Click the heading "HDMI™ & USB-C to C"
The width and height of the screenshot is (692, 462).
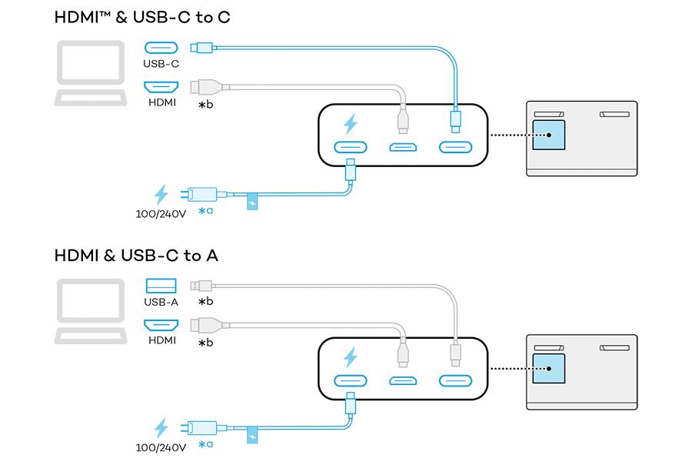click(x=142, y=17)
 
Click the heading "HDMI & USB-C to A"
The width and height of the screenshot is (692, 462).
click(x=136, y=256)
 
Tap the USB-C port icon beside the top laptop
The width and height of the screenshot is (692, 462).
click(x=161, y=48)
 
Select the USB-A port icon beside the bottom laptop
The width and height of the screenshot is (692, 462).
click(x=161, y=286)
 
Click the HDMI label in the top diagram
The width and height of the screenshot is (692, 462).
click(x=162, y=102)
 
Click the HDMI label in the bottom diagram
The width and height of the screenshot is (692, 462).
click(x=162, y=340)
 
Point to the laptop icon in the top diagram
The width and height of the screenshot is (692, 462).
click(x=91, y=73)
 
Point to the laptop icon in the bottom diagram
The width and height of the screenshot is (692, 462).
click(x=91, y=311)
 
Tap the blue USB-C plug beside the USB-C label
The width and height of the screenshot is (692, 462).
click(x=202, y=47)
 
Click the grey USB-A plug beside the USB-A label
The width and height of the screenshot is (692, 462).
click(x=201, y=286)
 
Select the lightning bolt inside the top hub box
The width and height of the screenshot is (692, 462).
click(x=351, y=124)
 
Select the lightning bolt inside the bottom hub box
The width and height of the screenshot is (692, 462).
click(x=351, y=357)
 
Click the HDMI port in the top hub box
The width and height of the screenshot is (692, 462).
click(x=403, y=147)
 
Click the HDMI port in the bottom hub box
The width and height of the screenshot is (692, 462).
click(x=403, y=380)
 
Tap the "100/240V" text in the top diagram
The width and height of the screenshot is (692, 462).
click(x=161, y=214)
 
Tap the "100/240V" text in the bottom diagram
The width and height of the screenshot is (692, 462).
click(x=161, y=448)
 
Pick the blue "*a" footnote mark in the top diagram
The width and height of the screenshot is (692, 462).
click(x=205, y=211)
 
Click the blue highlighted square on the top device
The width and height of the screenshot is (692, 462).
click(x=548, y=135)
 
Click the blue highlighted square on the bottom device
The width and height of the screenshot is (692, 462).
click(x=548, y=368)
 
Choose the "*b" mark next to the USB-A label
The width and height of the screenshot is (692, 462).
click(x=205, y=302)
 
